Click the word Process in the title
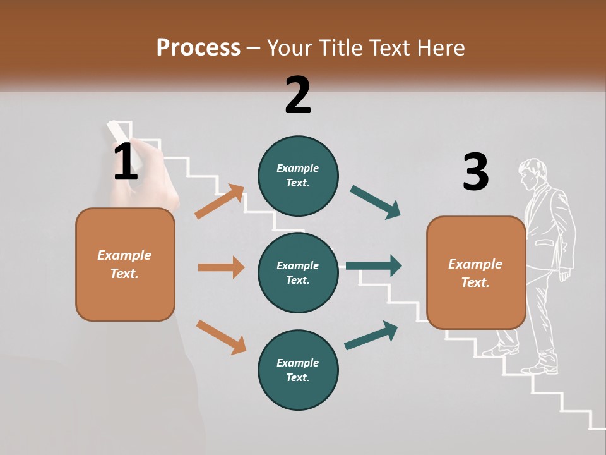point(199,48)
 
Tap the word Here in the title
point(441,47)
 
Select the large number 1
point(126,161)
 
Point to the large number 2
point(298,95)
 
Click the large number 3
point(476,171)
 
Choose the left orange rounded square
point(125,265)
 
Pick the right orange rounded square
point(476,273)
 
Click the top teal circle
point(298,176)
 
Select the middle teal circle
point(298,273)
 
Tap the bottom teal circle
point(298,370)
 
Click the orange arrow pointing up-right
point(220,201)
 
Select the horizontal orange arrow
point(222,267)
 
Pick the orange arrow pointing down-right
point(222,337)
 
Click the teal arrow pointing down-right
point(375,202)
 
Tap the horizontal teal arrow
point(374,266)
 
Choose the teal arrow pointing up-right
point(371,336)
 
